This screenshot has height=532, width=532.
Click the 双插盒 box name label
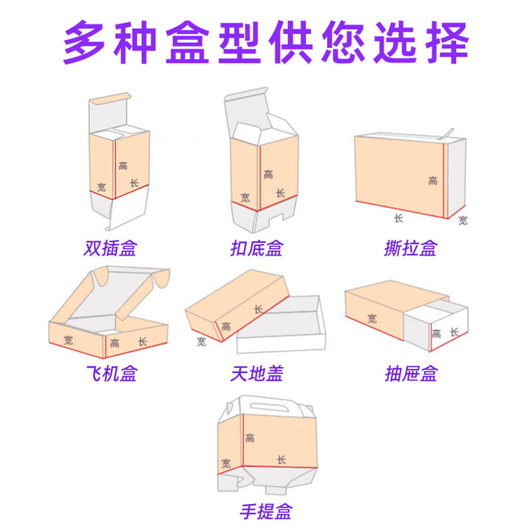click(x=110, y=248)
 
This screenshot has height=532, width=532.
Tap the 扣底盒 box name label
click(x=256, y=248)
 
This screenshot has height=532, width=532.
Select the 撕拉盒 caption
click(x=411, y=248)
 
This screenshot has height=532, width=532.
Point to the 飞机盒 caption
click(x=112, y=374)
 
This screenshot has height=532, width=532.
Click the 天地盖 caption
click(x=257, y=374)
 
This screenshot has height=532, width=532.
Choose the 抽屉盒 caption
click(x=411, y=374)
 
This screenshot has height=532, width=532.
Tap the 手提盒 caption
click(x=266, y=511)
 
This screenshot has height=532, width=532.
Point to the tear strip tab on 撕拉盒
click(x=446, y=134)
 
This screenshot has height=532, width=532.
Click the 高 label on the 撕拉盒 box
click(x=432, y=180)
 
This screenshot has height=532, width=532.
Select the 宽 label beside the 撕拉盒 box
click(x=463, y=220)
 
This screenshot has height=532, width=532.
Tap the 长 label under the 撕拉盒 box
click(x=399, y=218)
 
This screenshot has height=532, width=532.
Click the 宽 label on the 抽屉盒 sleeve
click(x=372, y=318)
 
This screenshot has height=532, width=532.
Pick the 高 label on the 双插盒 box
click(x=123, y=166)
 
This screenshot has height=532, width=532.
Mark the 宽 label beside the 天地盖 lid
click(x=201, y=341)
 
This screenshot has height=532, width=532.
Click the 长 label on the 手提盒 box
click(x=282, y=460)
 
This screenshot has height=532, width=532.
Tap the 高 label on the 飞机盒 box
click(x=115, y=344)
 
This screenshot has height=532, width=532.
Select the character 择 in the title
click(x=448, y=42)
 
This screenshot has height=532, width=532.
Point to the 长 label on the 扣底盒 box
click(x=280, y=193)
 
